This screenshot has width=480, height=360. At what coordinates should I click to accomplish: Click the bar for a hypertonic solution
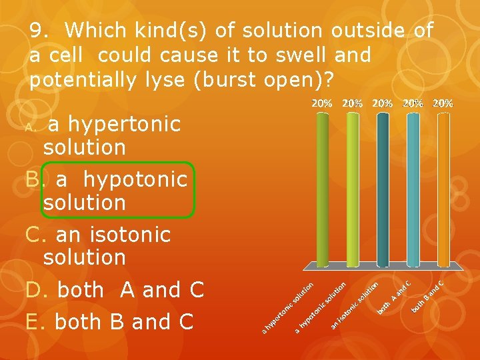click(322, 190)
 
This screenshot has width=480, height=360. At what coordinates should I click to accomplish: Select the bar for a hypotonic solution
click(353, 190)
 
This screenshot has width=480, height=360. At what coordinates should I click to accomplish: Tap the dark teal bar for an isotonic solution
click(383, 190)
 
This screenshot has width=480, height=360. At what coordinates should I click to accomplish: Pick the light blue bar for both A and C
click(413, 190)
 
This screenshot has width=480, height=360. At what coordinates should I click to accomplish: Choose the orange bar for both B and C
click(443, 190)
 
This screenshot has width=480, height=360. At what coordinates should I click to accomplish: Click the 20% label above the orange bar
click(443, 103)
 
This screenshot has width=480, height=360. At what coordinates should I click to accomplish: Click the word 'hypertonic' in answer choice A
click(124, 124)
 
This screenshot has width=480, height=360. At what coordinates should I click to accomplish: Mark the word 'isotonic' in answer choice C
click(129, 235)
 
